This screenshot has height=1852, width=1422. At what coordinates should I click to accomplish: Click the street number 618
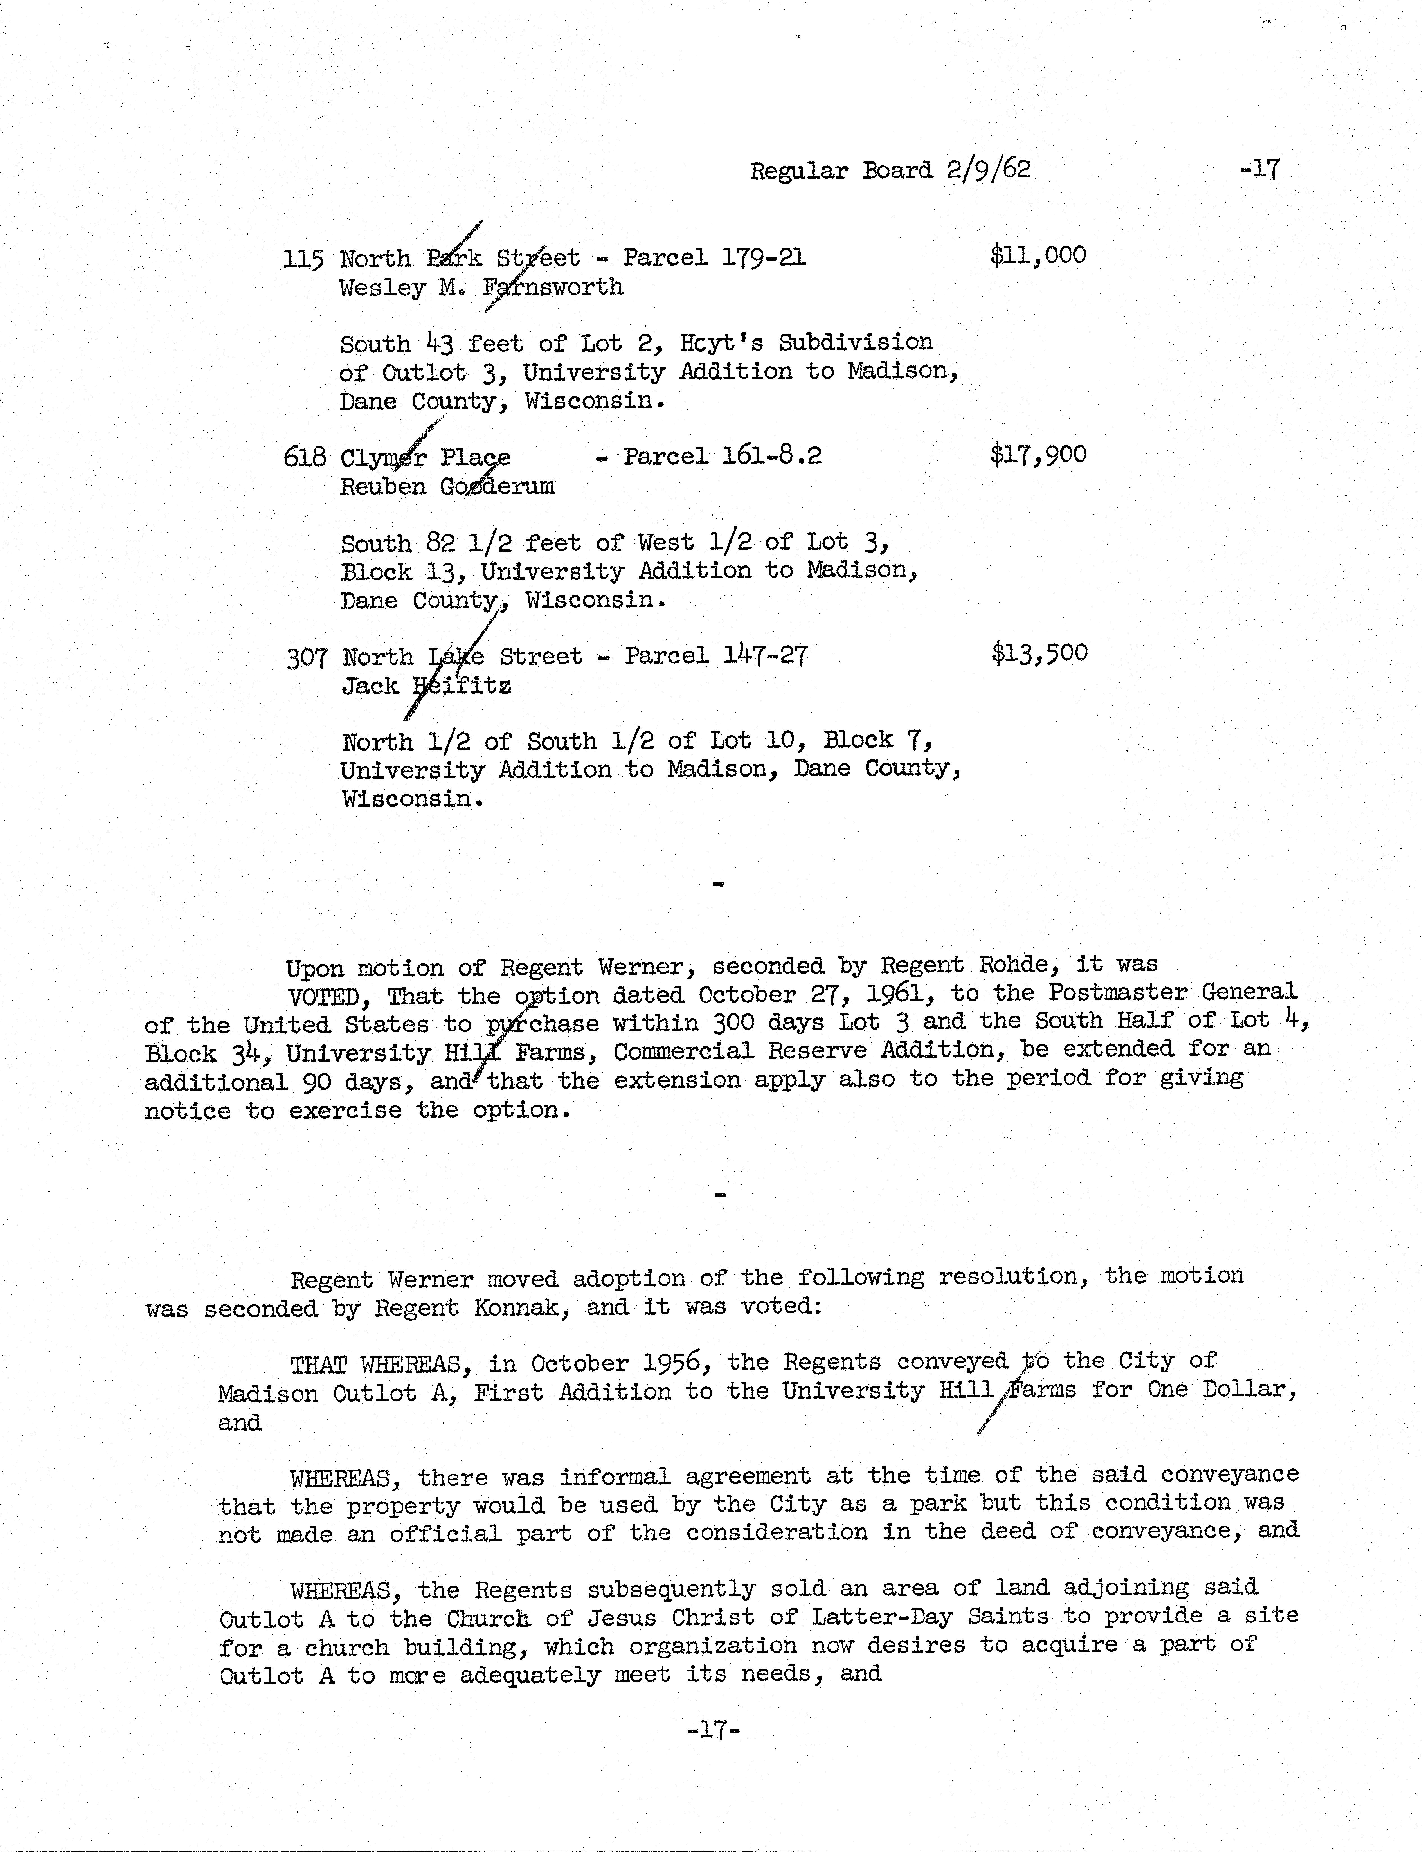tap(305, 457)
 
